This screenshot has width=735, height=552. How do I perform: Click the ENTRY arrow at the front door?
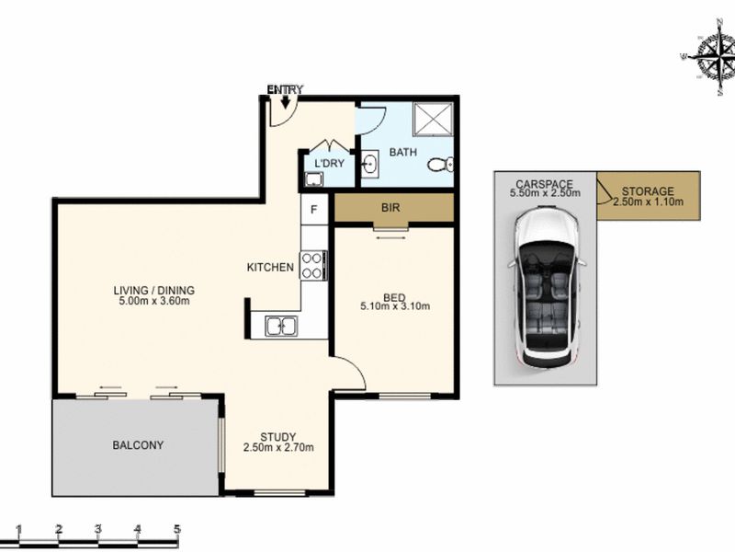pyautogui.click(x=285, y=101)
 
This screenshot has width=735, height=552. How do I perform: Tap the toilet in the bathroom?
pyautogui.click(x=441, y=165)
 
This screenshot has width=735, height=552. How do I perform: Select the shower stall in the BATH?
pyautogui.click(x=433, y=119)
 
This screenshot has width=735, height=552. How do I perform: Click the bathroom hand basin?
pyautogui.click(x=370, y=165)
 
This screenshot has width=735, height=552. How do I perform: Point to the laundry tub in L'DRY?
pyautogui.click(x=313, y=179)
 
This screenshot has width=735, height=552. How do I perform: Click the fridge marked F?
pyautogui.click(x=314, y=210)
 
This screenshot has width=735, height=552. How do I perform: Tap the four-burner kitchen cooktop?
pyautogui.click(x=312, y=266)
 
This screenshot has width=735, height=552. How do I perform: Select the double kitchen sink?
pyautogui.click(x=281, y=326)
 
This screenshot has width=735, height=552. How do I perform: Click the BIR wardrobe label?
pyautogui.click(x=391, y=208)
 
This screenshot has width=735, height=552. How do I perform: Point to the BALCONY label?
pyautogui.click(x=138, y=444)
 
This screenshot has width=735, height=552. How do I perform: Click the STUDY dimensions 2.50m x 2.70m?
pyautogui.click(x=278, y=447)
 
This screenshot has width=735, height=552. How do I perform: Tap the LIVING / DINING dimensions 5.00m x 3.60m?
pyautogui.click(x=154, y=301)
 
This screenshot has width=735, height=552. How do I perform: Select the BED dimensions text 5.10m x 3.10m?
pyautogui.click(x=395, y=306)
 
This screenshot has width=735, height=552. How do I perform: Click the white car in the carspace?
pyautogui.click(x=546, y=288)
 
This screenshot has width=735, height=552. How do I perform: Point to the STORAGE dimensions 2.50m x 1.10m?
pyautogui.click(x=648, y=201)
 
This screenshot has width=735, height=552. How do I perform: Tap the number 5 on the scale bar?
pyautogui.click(x=177, y=530)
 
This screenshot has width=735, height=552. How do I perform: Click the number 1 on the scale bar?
pyautogui.click(x=18, y=530)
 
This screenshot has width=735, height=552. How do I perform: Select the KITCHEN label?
pyautogui.click(x=270, y=267)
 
